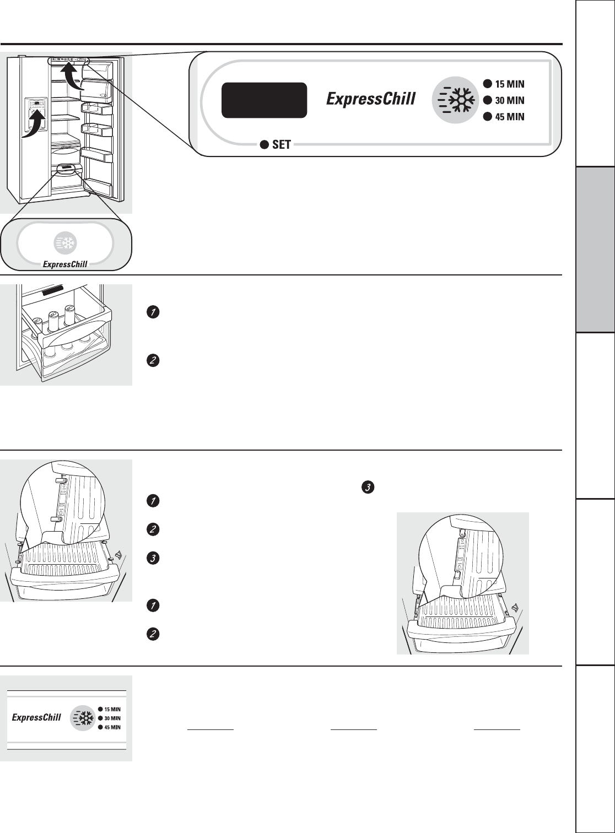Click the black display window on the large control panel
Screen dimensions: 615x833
tap(264, 100)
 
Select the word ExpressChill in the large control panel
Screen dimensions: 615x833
tap(371, 99)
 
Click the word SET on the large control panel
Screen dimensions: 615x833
tap(282, 145)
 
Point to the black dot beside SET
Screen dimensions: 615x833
tap(265, 145)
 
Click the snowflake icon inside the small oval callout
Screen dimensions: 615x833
tap(66, 243)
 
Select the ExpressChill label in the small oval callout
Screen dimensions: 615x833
tap(66, 264)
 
